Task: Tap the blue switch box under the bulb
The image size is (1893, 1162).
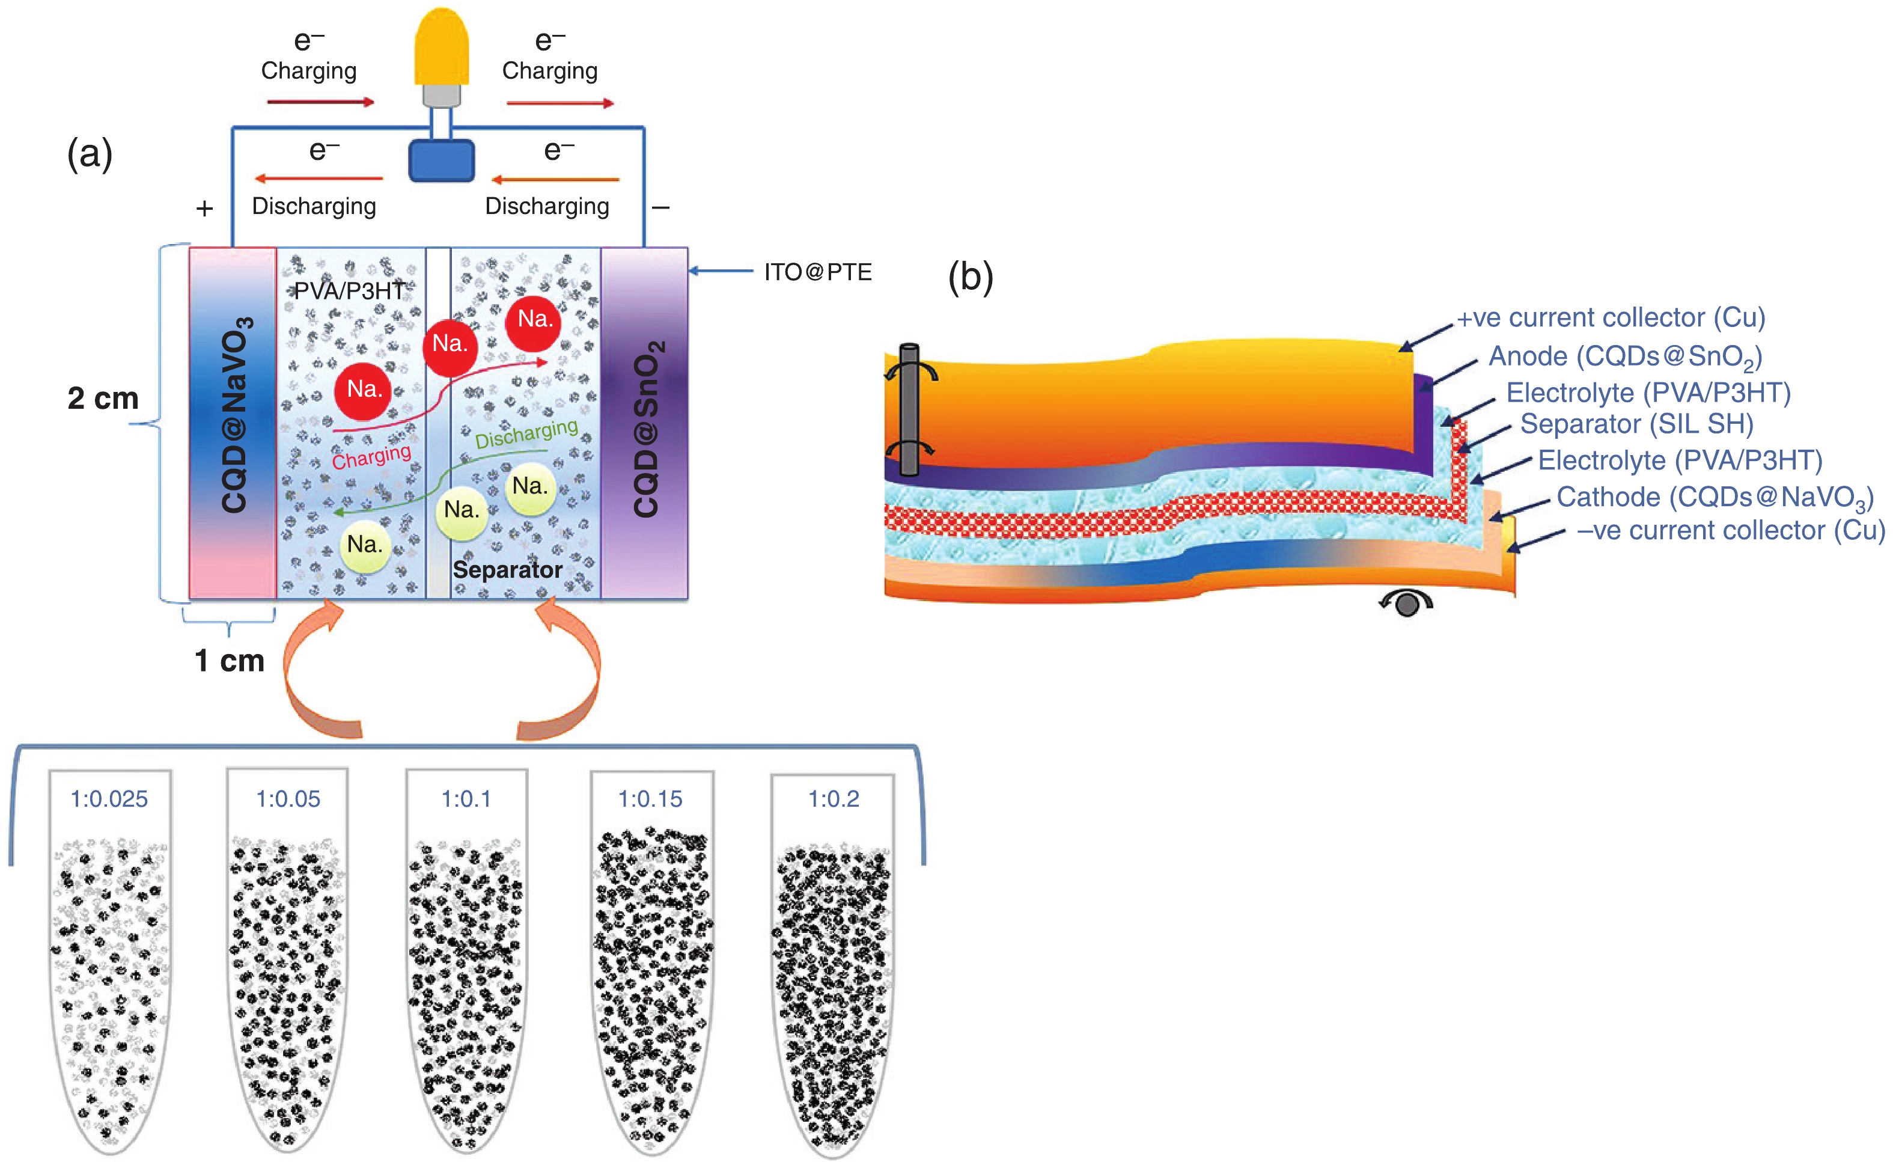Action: point(441,161)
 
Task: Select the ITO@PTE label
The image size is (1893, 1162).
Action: point(817,272)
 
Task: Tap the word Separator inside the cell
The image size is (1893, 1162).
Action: point(507,569)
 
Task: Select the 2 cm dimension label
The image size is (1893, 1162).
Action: point(103,398)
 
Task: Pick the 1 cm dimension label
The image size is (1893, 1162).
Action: point(229,660)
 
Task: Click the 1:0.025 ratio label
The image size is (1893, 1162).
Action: point(109,800)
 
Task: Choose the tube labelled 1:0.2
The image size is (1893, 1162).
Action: point(833,961)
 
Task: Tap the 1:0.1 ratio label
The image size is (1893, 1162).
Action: point(466,800)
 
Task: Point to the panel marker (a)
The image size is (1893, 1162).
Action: point(90,154)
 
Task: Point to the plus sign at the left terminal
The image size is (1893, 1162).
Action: point(204,208)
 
